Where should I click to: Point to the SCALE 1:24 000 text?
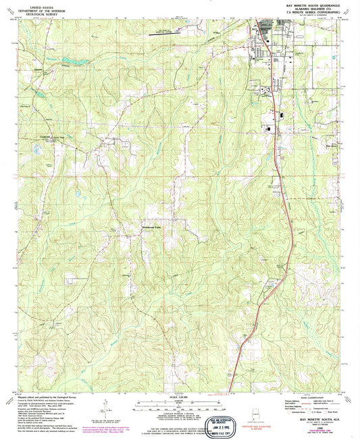click(x=180, y=396)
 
